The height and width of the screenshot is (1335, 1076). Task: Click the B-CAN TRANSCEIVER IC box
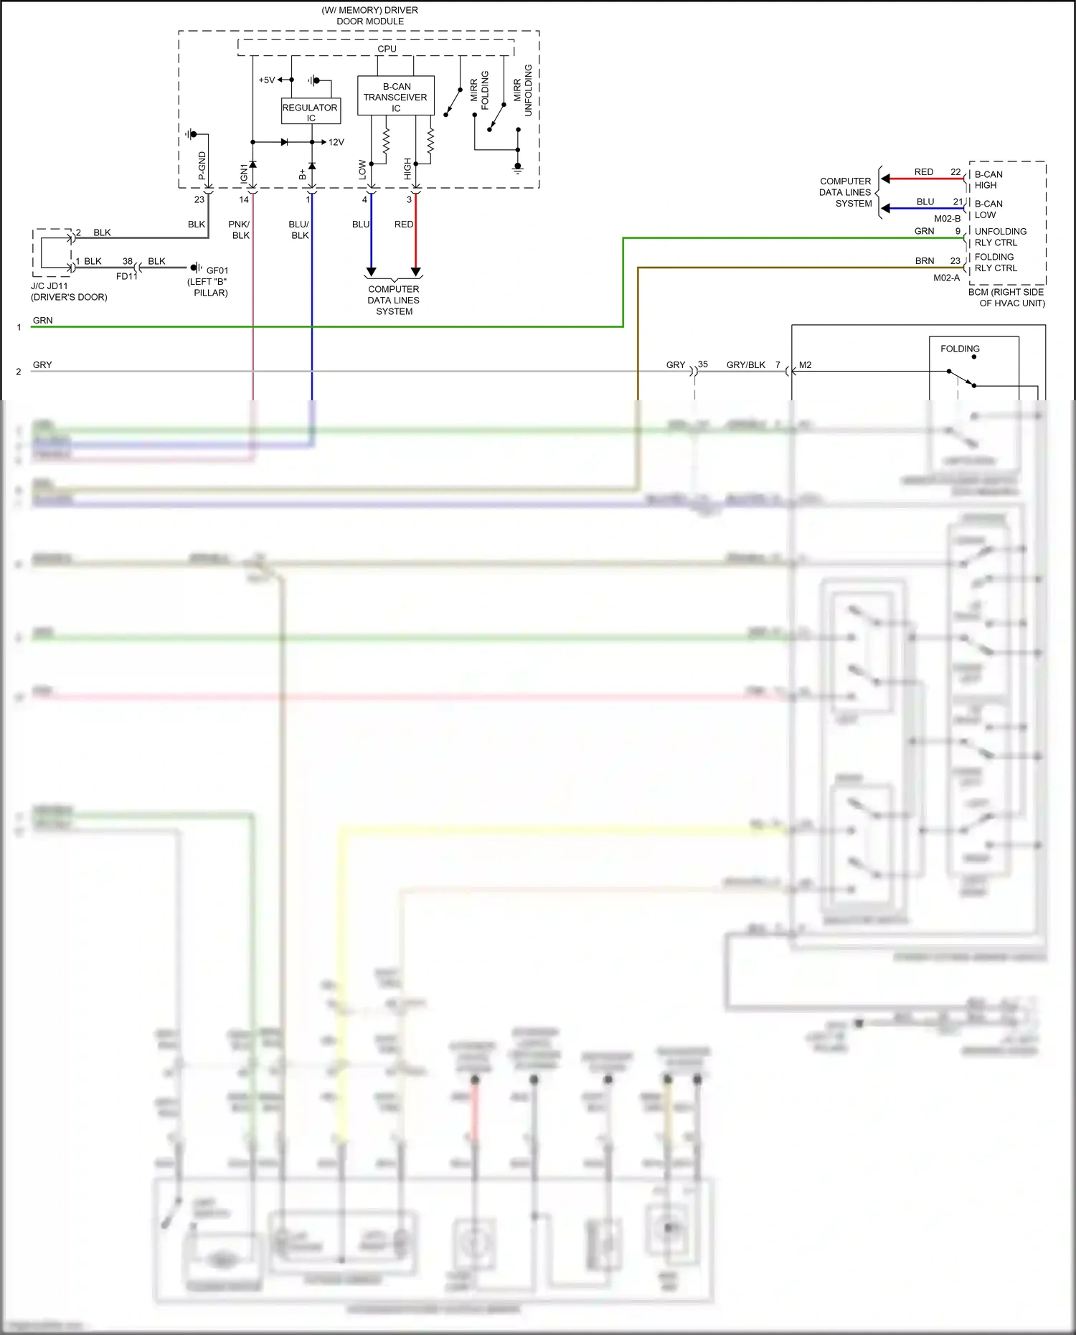click(395, 96)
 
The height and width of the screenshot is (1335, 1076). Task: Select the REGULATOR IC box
click(310, 112)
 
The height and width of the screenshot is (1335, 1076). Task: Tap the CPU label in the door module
click(387, 49)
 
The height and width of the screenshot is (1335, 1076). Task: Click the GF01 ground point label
click(217, 270)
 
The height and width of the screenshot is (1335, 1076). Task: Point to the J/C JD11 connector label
click(49, 286)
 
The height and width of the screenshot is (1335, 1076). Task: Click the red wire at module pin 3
click(415, 237)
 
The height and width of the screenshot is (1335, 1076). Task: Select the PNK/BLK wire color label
click(240, 230)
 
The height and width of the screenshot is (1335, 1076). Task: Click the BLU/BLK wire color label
click(299, 230)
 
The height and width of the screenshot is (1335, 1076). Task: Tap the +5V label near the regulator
click(266, 80)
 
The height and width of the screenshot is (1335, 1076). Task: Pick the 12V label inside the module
click(336, 142)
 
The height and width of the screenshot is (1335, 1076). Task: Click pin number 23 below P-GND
click(199, 199)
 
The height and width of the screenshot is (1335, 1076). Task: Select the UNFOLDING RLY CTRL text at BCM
click(1000, 237)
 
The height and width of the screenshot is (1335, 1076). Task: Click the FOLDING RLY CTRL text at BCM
click(996, 263)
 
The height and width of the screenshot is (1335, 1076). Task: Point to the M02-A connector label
click(946, 278)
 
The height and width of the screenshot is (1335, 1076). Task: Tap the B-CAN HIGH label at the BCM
click(988, 179)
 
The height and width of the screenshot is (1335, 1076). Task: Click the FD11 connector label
click(126, 276)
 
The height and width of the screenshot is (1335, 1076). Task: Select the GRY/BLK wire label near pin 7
click(745, 364)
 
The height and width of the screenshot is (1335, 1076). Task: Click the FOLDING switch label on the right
click(960, 349)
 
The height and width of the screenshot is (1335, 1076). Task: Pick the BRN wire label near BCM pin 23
click(925, 260)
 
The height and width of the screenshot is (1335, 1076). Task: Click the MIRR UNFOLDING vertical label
click(523, 90)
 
